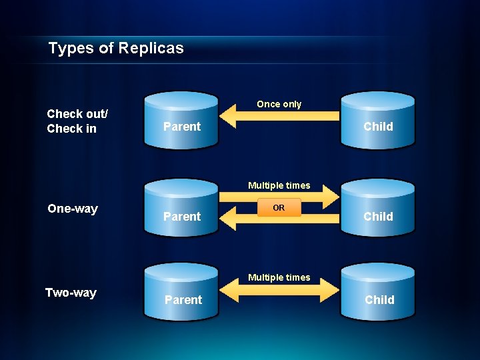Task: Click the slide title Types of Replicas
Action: tap(116, 48)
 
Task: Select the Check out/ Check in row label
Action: tap(77, 121)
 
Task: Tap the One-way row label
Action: tap(73, 209)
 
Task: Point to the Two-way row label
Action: tap(71, 293)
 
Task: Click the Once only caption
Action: tap(279, 104)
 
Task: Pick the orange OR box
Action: tap(279, 208)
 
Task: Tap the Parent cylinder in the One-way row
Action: tap(181, 208)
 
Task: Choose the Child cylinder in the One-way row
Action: tap(378, 208)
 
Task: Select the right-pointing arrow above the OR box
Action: tap(280, 195)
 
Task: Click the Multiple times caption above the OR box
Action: tap(279, 185)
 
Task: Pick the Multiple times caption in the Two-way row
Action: tap(279, 277)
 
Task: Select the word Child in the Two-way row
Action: tap(379, 300)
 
